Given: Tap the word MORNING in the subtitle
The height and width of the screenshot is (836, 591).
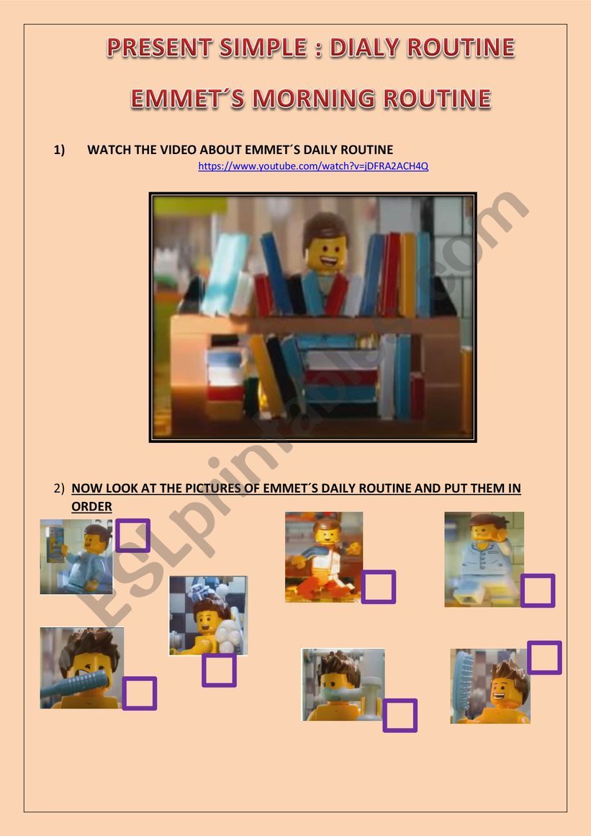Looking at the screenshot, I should click(x=314, y=99).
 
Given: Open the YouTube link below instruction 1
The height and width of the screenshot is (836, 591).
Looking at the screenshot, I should click(x=313, y=166).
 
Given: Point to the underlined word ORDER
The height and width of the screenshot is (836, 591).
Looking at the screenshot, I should click(x=91, y=506).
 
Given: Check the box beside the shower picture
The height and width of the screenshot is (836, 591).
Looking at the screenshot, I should click(x=219, y=670).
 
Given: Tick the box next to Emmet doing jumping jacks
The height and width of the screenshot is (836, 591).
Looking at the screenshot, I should click(x=379, y=586).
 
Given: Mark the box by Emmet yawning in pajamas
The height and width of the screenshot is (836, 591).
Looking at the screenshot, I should click(x=538, y=590).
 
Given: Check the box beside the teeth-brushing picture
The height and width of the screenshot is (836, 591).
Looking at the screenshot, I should click(x=400, y=715).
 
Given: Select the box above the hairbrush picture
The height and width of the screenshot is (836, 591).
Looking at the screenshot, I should click(x=544, y=657).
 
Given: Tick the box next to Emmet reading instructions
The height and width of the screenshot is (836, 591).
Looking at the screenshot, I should click(x=132, y=536).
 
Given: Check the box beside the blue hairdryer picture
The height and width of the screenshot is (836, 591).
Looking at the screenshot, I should click(x=139, y=693).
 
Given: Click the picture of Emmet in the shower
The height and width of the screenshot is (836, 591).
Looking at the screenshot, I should click(x=208, y=616).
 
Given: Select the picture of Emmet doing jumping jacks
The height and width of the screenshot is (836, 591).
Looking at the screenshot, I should click(x=324, y=557).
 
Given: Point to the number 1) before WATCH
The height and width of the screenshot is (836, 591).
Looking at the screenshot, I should click(x=59, y=150).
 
